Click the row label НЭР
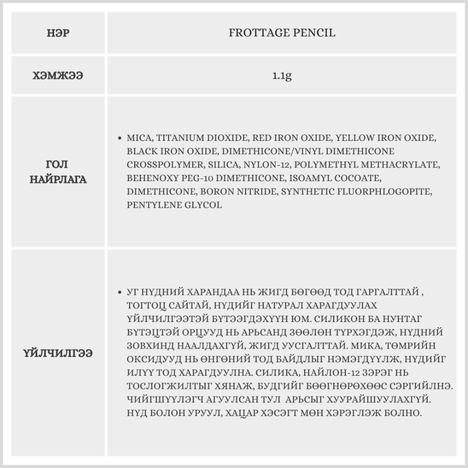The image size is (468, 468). pos(58,33)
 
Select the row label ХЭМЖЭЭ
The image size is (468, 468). pos(58,75)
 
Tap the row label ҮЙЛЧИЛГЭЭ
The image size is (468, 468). pos(58,353)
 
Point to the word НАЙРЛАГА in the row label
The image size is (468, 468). pos(58,179)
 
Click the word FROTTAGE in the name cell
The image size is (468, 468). pos(256,33)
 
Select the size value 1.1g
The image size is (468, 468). pos(282,75)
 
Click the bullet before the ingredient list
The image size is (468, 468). pos(120,139)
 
